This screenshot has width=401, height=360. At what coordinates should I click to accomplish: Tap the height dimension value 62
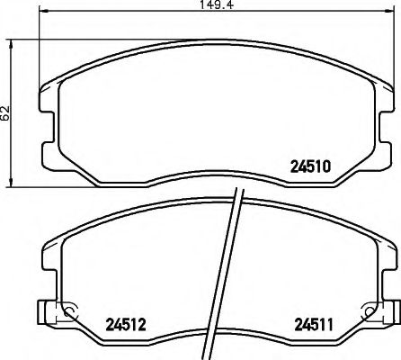(6, 113)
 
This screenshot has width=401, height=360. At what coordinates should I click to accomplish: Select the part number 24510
(310, 166)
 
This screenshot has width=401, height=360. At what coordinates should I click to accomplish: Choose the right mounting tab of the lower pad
(393, 314)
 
